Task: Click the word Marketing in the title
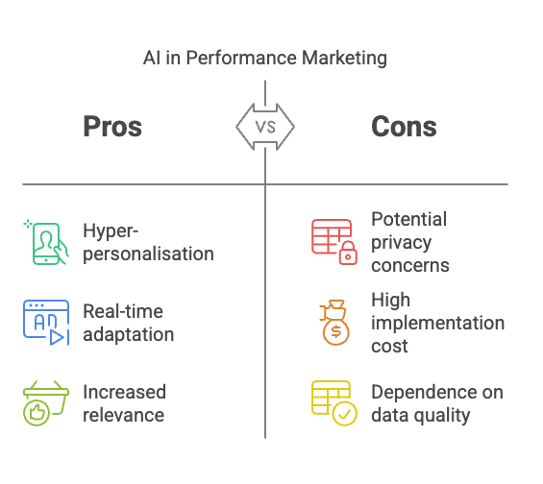(344, 59)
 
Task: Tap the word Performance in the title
(241, 58)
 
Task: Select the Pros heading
(112, 127)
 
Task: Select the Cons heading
(404, 127)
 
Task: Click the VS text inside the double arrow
(265, 127)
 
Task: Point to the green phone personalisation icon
(46, 242)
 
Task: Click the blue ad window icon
(46, 323)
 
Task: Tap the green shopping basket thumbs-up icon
(46, 403)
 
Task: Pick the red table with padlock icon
(334, 242)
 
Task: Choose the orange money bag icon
(334, 323)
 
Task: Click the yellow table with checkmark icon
(334, 403)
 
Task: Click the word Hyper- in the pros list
(111, 231)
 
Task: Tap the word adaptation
(129, 335)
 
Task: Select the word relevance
(124, 415)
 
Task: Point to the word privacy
(402, 243)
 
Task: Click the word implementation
(437, 324)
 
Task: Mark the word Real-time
(123, 311)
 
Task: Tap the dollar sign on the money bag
(336, 331)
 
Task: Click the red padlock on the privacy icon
(348, 254)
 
